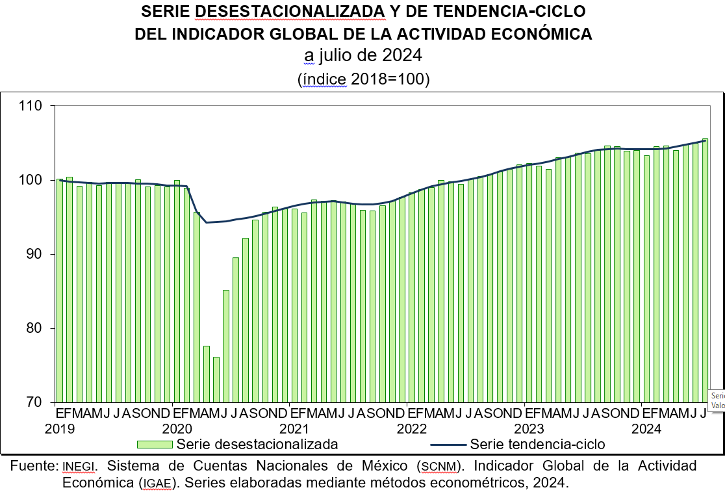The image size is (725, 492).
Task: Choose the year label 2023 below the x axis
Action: pyautogui.click(x=529, y=429)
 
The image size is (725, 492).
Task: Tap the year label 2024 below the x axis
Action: pyautogui.click(x=646, y=429)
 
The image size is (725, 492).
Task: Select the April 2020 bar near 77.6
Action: pyautogui.click(x=207, y=374)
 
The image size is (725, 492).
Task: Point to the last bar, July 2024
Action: pyautogui.click(x=705, y=270)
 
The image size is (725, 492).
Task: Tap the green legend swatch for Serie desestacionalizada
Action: pyautogui.click(x=155, y=445)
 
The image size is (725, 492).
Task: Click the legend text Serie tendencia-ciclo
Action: pyautogui.click(x=537, y=445)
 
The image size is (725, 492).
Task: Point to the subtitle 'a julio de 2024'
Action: pyautogui.click(x=363, y=56)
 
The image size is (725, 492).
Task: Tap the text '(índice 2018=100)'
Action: pyautogui.click(x=364, y=79)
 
